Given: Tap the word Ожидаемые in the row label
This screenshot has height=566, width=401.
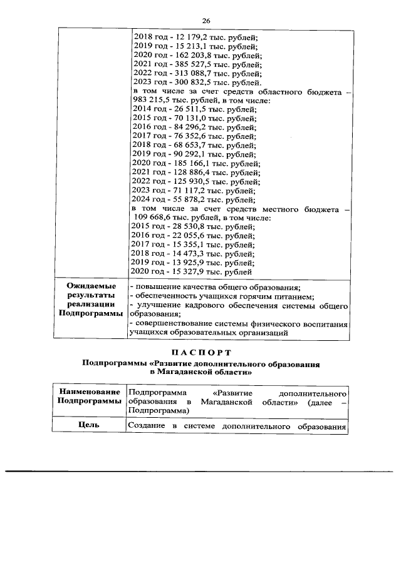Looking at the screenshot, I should click(x=91, y=286).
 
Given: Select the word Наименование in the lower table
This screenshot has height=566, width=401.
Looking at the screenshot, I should click(x=91, y=393).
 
